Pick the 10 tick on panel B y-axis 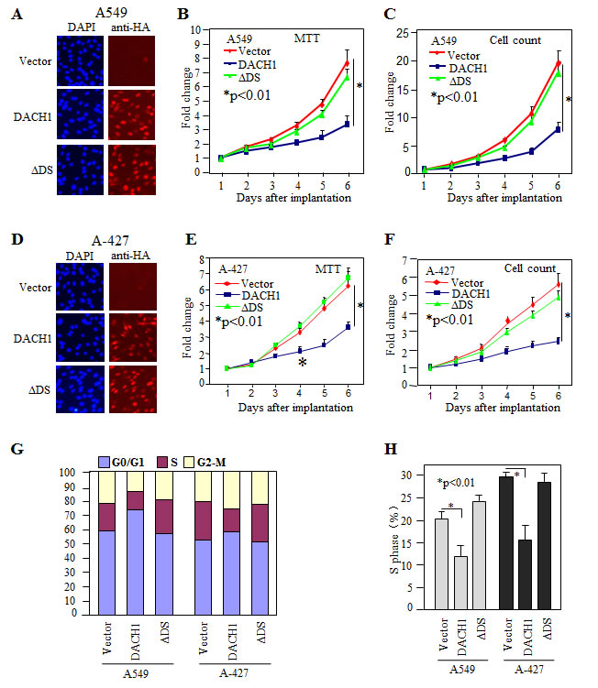coord(194,29)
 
